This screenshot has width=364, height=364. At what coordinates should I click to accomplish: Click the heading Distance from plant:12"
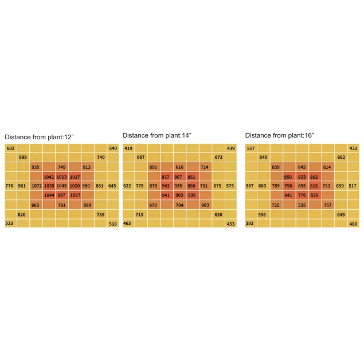pyautogui.click(x=39, y=137)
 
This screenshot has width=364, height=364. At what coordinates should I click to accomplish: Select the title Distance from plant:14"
pyautogui.click(x=156, y=135)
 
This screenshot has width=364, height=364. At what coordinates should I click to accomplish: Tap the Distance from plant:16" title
pyautogui.click(x=279, y=135)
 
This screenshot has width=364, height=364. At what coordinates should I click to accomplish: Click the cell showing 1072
pyautogui.click(x=36, y=186)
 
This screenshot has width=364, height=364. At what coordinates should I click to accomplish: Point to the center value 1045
pyautogui.click(x=61, y=186)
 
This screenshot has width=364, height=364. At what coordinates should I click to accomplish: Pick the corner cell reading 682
pyautogui.click(x=10, y=148)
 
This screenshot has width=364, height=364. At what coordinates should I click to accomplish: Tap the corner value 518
pyautogui.click(x=112, y=224)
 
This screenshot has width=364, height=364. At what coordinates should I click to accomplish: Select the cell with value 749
pyautogui.click(x=61, y=167)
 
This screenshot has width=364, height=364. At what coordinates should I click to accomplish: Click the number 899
pyautogui.click(x=23, y=157)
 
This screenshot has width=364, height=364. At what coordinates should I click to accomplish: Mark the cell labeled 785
pyautogui.click(x=100, y=214)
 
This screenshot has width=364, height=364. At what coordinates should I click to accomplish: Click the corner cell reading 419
pyautogui.click(x=128, y=148)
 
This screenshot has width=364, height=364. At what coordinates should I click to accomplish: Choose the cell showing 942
pyautogui.click(x=166, y=186)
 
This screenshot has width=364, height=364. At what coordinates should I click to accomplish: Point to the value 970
pyautogui.click(x=153, y=205)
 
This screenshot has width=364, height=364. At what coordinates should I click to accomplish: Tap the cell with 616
pyautogui.click(x=179, y=167)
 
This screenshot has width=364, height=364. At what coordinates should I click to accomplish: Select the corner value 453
pyautogui.click(x=230, y=224)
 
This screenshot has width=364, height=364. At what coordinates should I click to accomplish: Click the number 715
pyautogui.click(x=140, y=214)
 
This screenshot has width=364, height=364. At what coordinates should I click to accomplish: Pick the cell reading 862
pyautogui.click(x=314, y=177)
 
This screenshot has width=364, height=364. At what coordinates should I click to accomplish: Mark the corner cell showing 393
pyautogui.click(x=250, y=224)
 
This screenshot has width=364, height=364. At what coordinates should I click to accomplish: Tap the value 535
pyautogui.click(x=302, y=205)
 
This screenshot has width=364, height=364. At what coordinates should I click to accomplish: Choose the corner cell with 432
pyautogui.click(x=353, y=148)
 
